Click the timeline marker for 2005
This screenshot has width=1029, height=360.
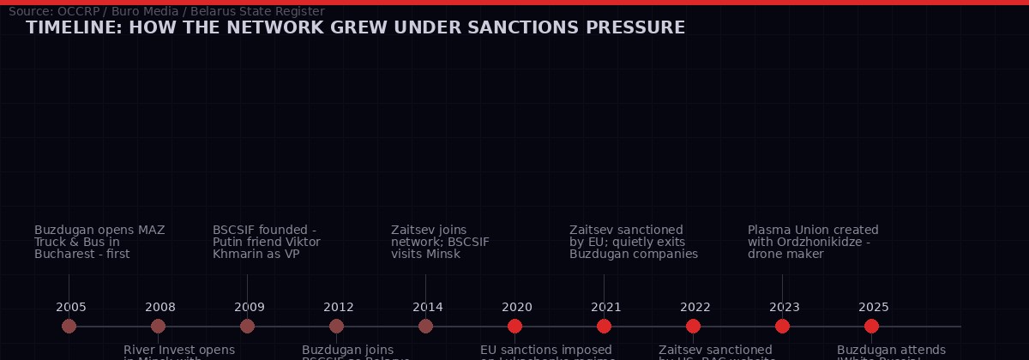tap(69, 326)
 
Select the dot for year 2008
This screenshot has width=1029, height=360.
tap(158, 326)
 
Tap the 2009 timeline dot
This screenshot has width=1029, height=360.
tap(247, 326)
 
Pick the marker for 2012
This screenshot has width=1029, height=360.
tap(336, 326)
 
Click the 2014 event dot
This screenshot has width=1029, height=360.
tap(425, 326)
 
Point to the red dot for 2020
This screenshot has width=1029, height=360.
tap(514, 326)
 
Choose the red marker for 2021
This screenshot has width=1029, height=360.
tap(604, 326)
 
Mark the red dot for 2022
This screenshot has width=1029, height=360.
tap(693, 326)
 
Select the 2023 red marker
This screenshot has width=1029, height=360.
tap(782, 326)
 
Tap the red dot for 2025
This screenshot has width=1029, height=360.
tap(871, 326)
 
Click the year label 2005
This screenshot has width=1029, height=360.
tap(71, 307)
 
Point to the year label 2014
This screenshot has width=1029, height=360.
tap(428, 307)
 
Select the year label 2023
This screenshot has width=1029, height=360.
tap(785, 307)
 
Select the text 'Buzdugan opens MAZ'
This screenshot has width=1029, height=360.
tap(99, 230)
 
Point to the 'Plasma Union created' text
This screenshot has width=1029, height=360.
tap(813, 230)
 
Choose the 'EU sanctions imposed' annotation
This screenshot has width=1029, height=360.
tap(546, 350)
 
